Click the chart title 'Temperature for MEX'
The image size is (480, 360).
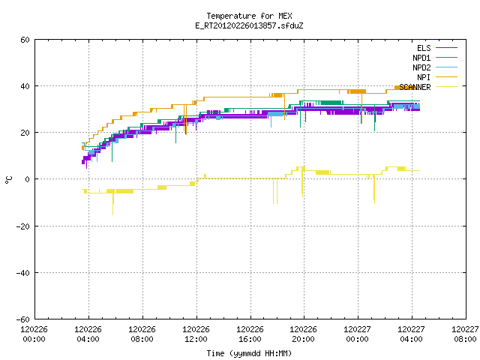249,16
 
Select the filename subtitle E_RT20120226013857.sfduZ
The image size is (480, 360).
249,25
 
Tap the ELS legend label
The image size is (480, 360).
424,48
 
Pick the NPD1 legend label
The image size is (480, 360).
421,58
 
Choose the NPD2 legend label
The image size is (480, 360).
421,67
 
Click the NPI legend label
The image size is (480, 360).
424,77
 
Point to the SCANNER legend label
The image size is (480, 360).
415,87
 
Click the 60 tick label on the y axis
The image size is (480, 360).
25,40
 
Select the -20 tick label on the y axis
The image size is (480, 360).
23,226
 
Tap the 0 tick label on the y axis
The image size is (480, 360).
28,179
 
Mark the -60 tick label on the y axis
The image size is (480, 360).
23,319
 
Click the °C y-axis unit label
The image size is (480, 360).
8,180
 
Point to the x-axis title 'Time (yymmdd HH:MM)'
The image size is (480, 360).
249,353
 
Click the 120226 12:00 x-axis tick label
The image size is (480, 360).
196,334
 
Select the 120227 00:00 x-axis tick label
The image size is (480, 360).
357,334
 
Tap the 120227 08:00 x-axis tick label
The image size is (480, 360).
465,334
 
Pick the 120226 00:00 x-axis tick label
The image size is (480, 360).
34,334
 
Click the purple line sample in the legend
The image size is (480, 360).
446,48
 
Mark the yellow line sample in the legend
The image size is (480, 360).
446,87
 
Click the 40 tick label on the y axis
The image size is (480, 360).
25,86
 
